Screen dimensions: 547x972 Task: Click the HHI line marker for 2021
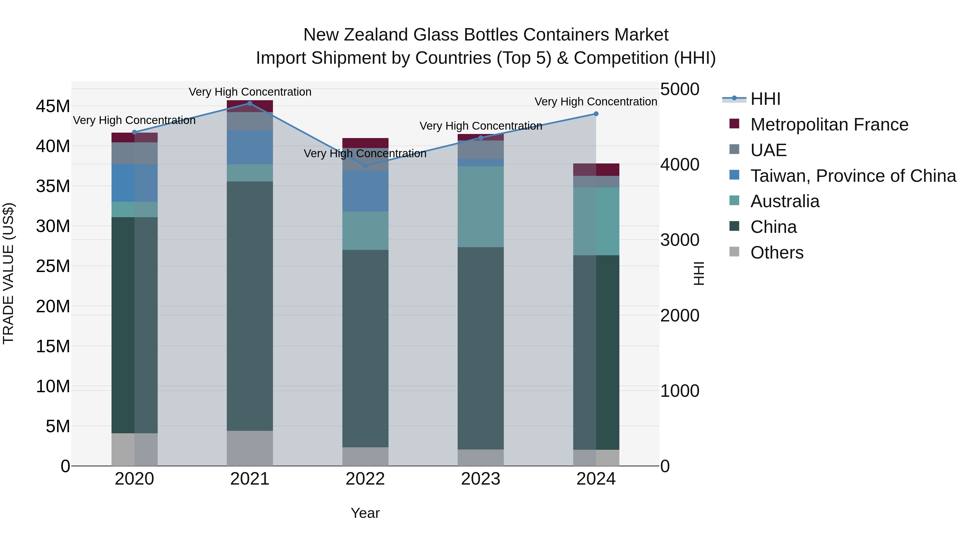click(249, 103)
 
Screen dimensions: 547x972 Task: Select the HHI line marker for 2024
click(596, 114)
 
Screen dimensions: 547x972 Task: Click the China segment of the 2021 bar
click(249, 306)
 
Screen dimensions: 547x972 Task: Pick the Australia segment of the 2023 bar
click(480, 207)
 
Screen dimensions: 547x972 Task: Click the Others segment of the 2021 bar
click(249, 448)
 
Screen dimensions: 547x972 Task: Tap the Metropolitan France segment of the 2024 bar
click(596, 169)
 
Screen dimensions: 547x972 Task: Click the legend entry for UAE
click(768, 150)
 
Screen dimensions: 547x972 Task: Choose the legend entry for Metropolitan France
click(829, 125)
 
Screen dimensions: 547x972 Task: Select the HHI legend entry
click(765, 99)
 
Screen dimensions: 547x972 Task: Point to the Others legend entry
click(777, 253)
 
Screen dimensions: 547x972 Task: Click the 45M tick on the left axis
click(53, 106)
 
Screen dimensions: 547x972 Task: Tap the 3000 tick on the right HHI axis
click(680, 240)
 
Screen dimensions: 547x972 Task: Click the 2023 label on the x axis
click(480, 479)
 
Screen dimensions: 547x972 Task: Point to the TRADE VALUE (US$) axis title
click(8, 273)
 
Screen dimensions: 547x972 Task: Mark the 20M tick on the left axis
click(53, 306)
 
